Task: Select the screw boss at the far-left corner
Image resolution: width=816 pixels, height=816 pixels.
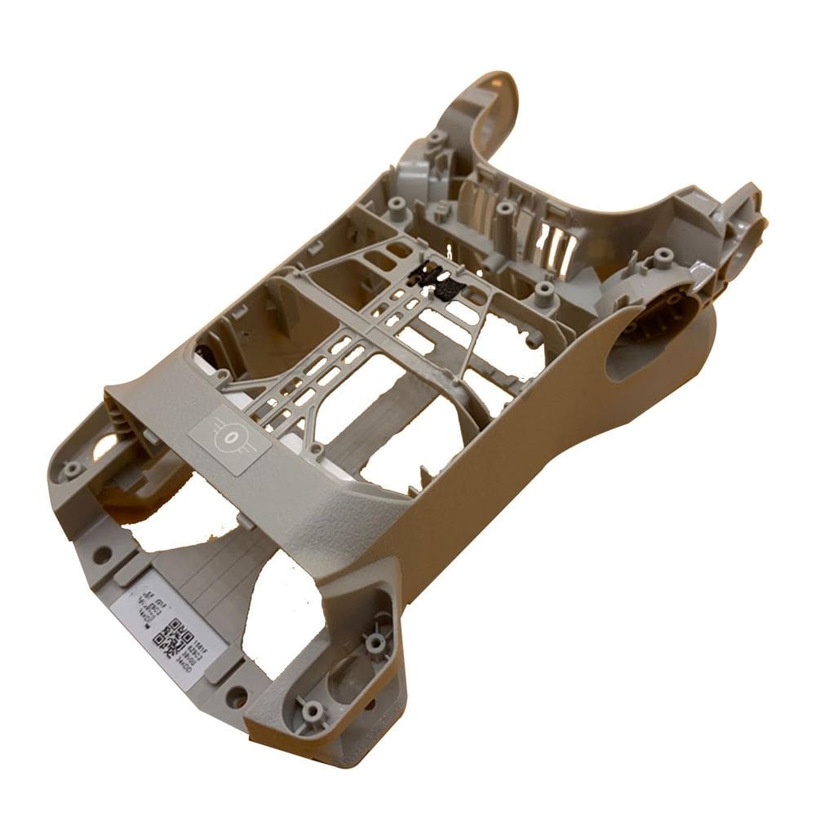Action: pos(73,469)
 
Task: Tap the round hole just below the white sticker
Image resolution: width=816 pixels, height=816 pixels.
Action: pos(237,696)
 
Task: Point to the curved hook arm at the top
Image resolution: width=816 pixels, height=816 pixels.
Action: pos(494,102)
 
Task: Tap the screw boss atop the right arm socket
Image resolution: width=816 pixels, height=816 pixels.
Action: pos(663,259)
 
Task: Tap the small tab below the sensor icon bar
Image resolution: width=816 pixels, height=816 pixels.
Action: pos(243,518)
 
